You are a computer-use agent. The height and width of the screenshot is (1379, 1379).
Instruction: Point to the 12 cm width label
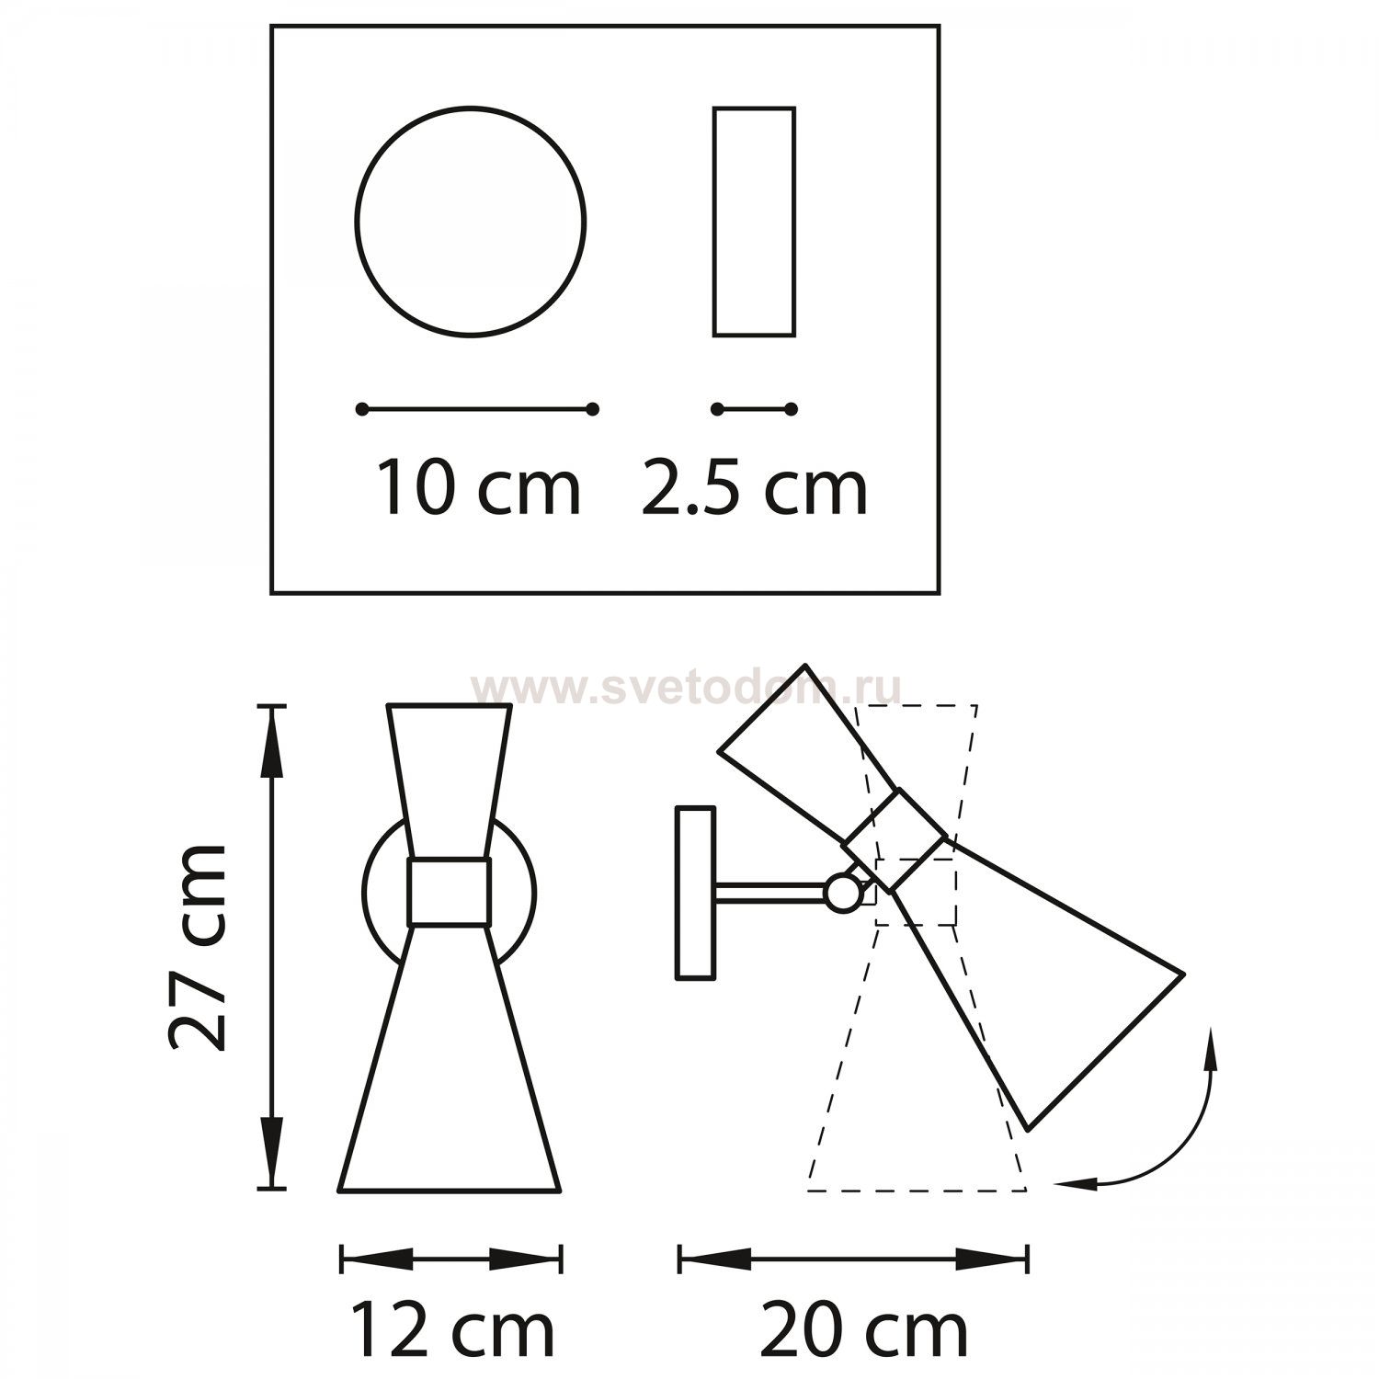[452, 1330]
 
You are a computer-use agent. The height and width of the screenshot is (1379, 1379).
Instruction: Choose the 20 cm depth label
[864, 1330]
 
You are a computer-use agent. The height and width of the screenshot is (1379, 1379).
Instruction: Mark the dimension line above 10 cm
[478, 409]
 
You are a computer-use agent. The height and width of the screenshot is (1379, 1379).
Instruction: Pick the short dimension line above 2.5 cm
[754, 409]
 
